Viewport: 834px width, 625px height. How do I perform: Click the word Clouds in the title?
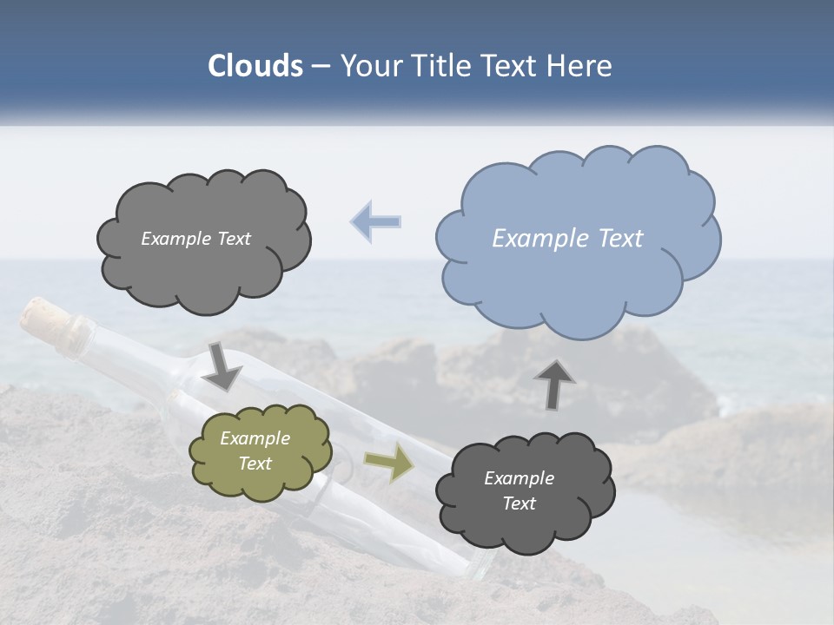255,66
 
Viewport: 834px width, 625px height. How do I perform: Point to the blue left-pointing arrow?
376,221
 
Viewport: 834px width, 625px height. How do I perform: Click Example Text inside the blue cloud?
567,239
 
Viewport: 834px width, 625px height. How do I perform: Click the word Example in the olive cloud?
255,438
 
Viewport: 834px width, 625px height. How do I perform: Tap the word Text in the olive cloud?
255,464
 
